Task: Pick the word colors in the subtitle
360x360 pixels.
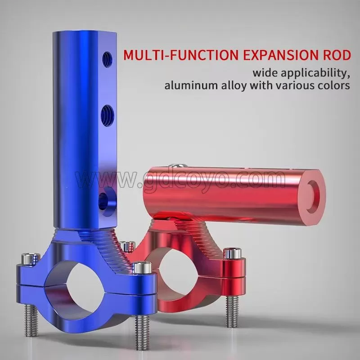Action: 333,85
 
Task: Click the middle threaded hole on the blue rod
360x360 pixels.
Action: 108,111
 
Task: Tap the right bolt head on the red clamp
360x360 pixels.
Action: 231,254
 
